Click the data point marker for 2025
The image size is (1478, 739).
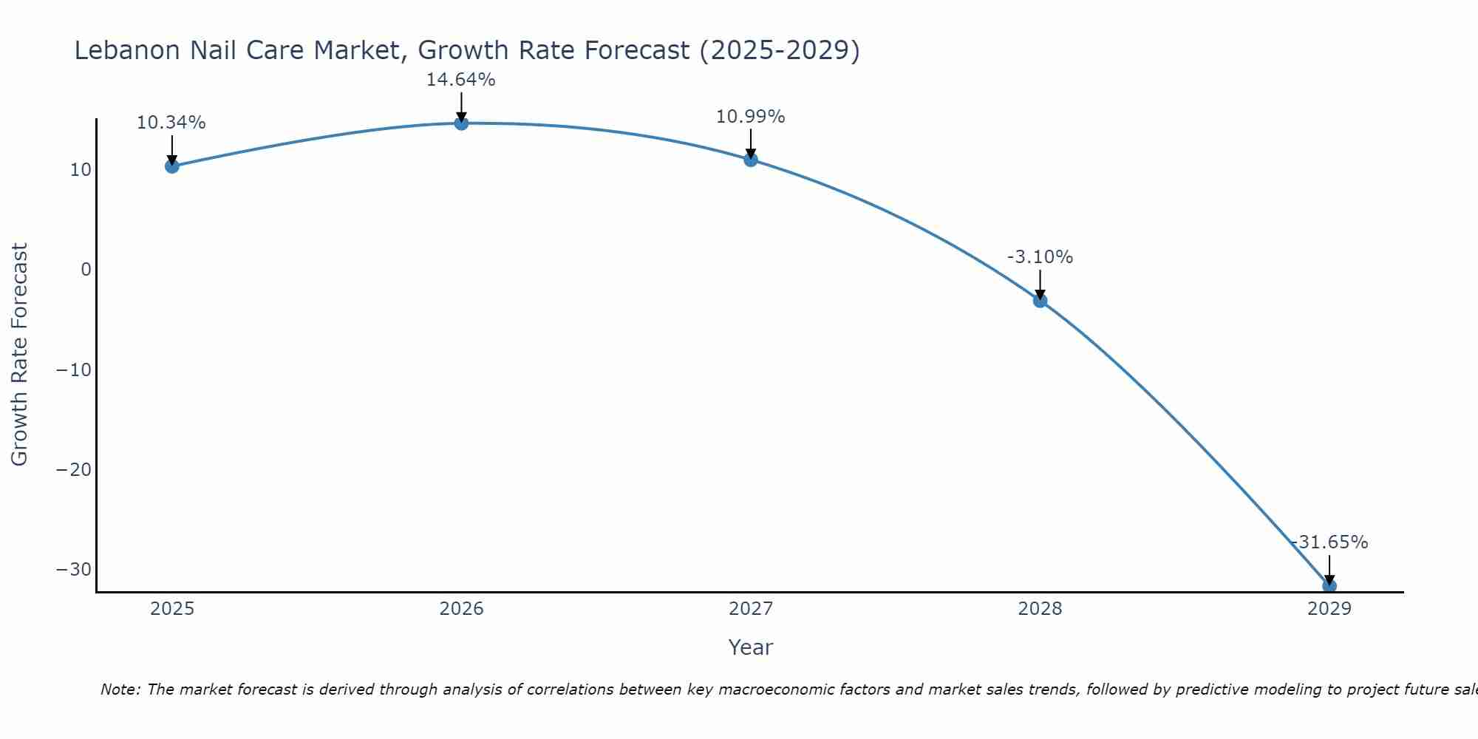[172, 166]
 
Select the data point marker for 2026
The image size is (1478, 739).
[461, 123]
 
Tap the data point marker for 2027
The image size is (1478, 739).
[751, 160]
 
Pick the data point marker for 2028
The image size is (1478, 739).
[1040, 301]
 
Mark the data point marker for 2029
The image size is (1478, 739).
[1329, 586]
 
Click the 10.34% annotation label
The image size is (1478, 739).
[171, 123]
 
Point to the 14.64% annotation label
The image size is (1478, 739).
[460, 80]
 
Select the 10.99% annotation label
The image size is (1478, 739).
[750, 117]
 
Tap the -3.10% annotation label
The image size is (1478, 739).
[1040, 257]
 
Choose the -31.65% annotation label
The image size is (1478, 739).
[1329, 542]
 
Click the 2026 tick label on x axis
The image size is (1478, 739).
[461, 609]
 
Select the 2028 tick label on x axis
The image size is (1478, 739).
[1040, 609]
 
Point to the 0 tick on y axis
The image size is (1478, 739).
[86, 270]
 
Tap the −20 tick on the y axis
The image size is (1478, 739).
[74, 470]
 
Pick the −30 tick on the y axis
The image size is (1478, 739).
[74, 570]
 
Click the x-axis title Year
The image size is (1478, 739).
[750, 647]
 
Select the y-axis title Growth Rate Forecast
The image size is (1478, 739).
[19, 355]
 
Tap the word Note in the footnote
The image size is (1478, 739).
[118, 689]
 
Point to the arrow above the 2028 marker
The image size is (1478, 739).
[1040, 285]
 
